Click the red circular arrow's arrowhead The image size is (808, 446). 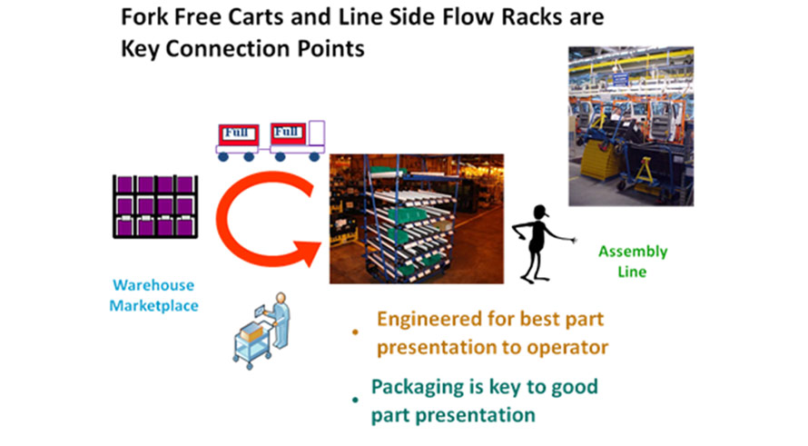point(307,251)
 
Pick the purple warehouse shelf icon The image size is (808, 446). point(155,207)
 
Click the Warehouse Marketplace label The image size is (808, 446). point(153,295)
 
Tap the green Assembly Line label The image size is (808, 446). point(632,262)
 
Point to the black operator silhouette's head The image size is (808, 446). point(540,212)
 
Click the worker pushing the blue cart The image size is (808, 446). point(281,320)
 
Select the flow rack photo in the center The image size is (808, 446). point(417,219)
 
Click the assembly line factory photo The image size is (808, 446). point(631,126)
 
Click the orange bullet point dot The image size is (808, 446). point(355,332)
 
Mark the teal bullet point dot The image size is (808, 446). point(355,400)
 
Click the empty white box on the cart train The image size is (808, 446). point(317,134)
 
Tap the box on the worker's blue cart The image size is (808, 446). point(251,332)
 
